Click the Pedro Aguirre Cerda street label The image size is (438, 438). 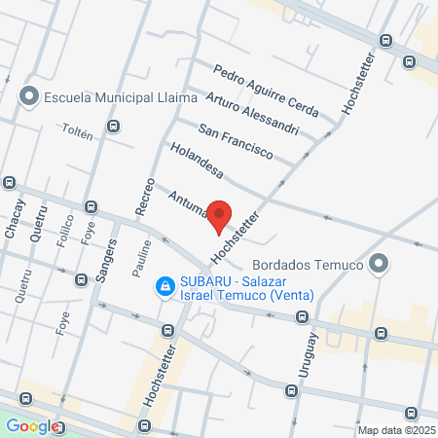(x=266, y=91)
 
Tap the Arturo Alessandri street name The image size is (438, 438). (x=251, y=114)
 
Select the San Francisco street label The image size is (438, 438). (x=235, y=141)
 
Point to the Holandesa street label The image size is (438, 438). (x=197, y=163)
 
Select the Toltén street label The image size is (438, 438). (x=77, y=132)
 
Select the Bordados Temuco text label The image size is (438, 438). (x=307, y=264)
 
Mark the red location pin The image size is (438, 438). (x=220, y=216)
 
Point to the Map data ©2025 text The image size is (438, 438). (x=395, y=429)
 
